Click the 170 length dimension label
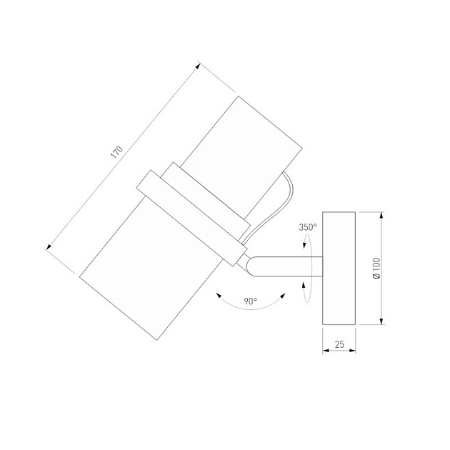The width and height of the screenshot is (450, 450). pyautogui.click(x=117, y=152)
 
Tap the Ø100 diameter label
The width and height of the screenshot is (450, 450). pyautogui.click(x=376, y=269)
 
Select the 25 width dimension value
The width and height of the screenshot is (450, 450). pyautogui.click(x=339, y=344)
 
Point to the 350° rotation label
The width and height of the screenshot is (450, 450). pyautogui.click(x=308, y=227)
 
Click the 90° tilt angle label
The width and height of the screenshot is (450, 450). pyautogui.click(x=250, y=301)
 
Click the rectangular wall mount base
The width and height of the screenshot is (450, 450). pyautogui.click(x=339, y=269)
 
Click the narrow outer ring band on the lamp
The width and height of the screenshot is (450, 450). pyautogui.click(x=191, y=218)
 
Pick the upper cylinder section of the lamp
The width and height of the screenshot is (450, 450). pyautogui.click(x=243, y=156)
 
